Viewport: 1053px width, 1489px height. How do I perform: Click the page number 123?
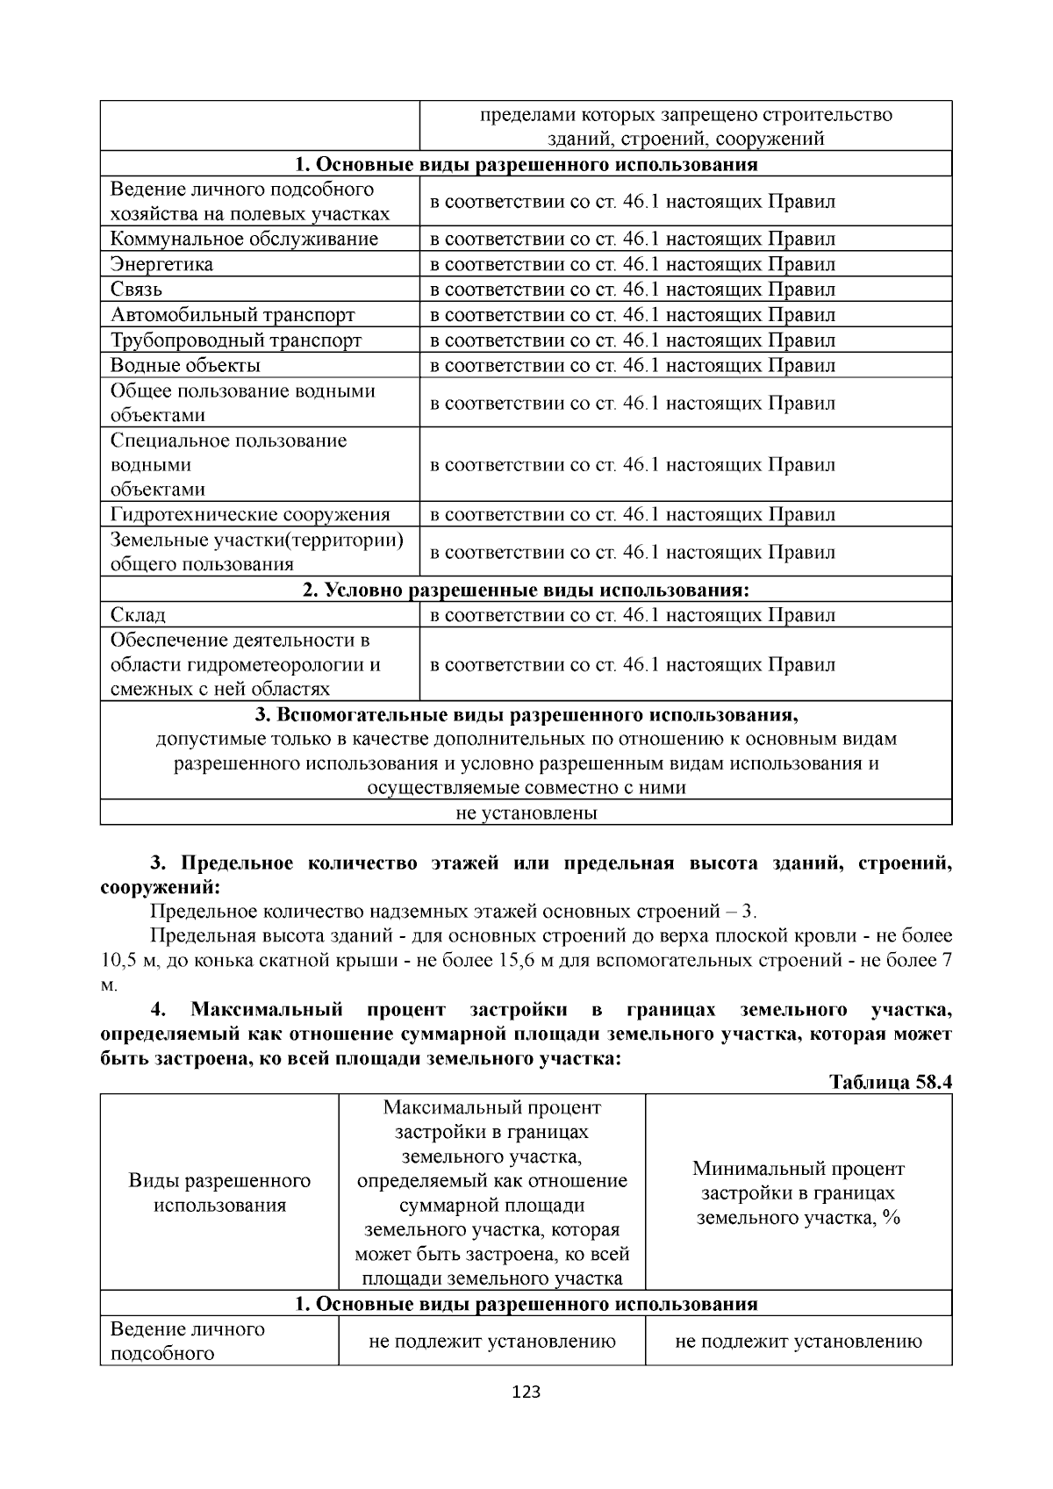point(526,1392)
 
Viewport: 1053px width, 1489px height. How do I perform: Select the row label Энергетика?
point(161,264)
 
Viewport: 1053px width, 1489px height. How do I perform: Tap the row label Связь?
point(136,290)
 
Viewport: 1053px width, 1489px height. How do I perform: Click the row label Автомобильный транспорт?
point(233,315)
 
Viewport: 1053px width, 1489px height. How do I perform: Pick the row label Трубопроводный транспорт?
point(236,340)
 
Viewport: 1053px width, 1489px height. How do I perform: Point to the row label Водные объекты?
point(185,365)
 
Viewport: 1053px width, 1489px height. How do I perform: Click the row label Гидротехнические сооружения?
point(250,514)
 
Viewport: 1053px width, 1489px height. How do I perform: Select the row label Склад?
point(138,615)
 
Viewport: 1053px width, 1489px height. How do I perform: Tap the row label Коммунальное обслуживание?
point(244,239)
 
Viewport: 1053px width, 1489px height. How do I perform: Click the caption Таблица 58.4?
point(890,1082)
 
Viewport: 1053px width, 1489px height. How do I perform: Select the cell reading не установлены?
point(526,813)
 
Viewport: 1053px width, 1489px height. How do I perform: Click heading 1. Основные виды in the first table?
point(526,164)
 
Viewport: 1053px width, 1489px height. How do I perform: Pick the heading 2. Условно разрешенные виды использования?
point(526,590)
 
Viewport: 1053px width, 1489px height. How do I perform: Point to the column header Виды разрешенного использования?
point(219,1192)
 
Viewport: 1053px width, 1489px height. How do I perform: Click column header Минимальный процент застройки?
point(798,1192)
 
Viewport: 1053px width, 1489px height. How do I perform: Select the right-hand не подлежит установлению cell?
point(798,1341)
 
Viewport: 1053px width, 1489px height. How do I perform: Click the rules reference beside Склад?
point(632,615)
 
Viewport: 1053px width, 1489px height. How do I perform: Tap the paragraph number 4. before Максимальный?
point(158,1009)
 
